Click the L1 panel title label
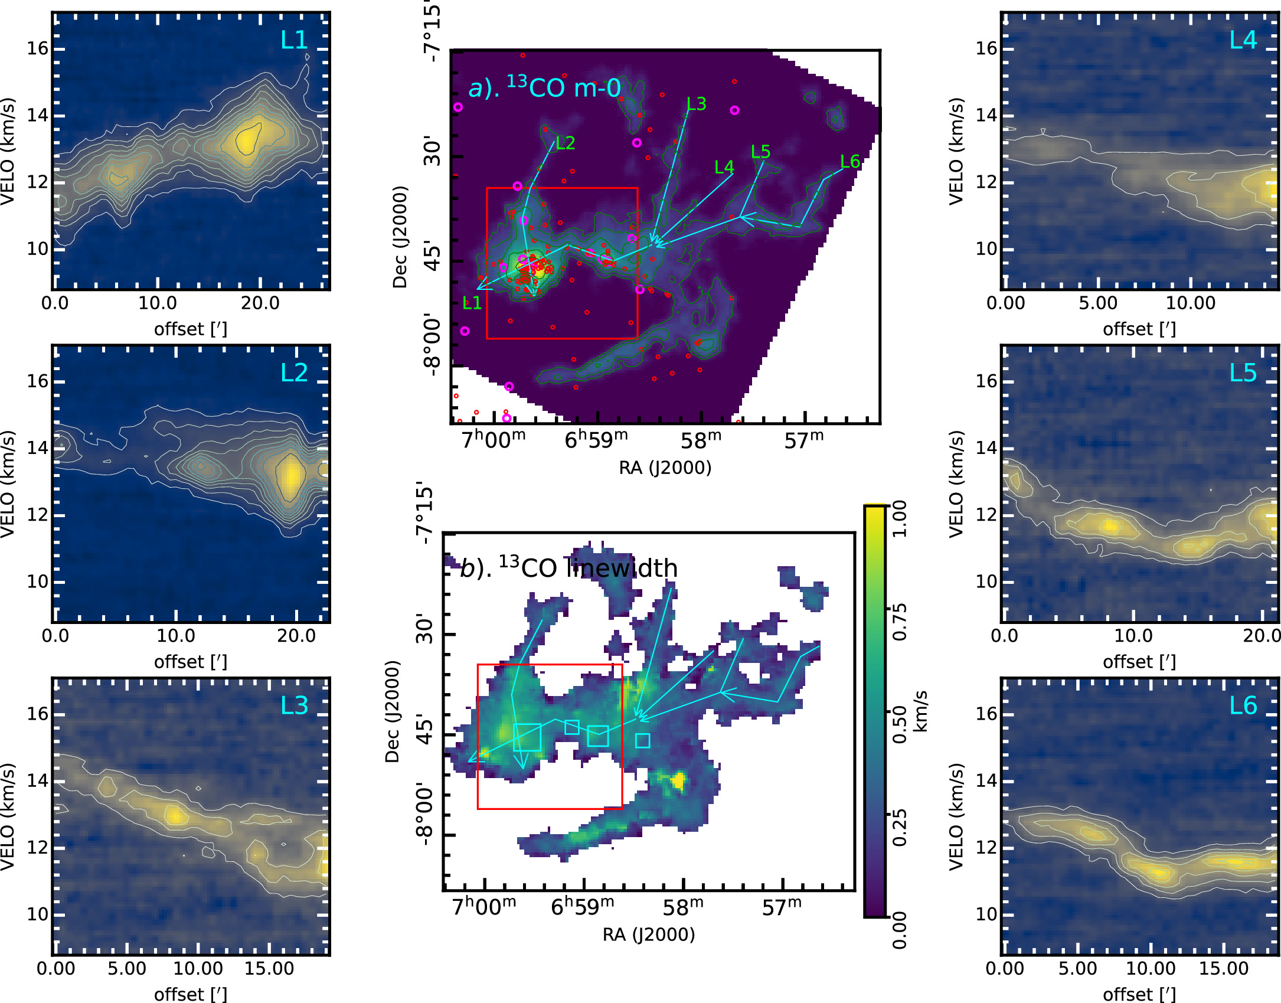coord(294,40)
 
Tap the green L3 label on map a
coord(697,104)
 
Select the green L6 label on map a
coord(850,161)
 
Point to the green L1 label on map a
coord(472,303)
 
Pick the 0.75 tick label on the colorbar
coord(899,622)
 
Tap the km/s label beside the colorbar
coord(920,711)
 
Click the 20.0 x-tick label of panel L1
coord(260,303)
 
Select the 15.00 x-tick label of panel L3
coord(269,969)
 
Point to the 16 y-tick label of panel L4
coord(986,48)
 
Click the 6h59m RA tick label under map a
coord(596,440)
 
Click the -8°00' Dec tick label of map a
coord(432,345)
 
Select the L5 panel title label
coord(1243,373)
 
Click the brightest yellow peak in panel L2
coord(290,476)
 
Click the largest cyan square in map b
coord(527,737)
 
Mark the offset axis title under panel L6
coord(1139,994)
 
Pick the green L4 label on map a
coord(724,168)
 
